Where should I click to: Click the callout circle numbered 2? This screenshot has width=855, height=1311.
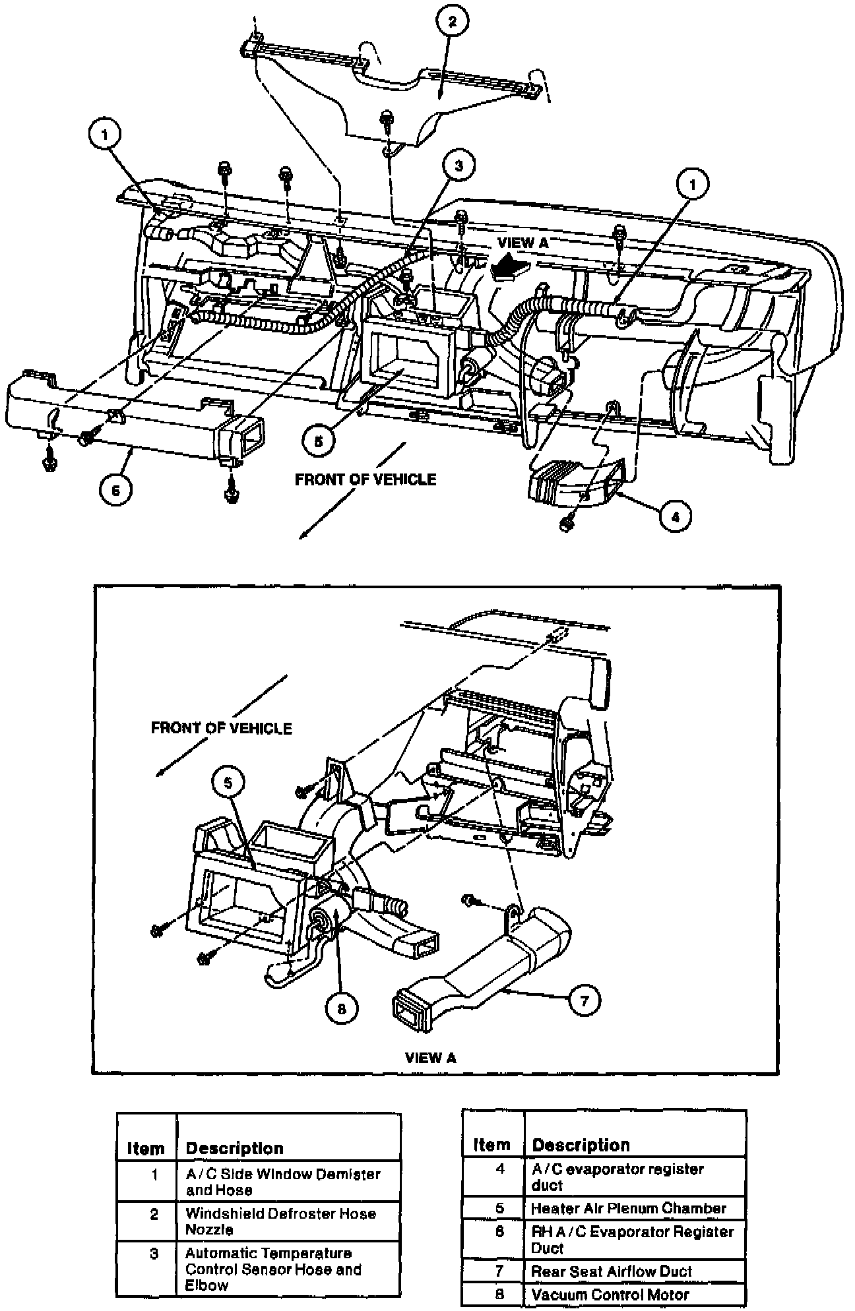pyautogui.click(x=452, y=22)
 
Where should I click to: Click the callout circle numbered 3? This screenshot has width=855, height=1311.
pyautogui.click(x=459, y=165)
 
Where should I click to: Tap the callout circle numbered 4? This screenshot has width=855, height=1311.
pyautogui.click(x=674, y=516)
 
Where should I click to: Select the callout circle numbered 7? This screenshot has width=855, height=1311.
pyautogui.click(x=585, y=1000)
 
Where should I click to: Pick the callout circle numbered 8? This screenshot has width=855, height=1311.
pyautogui.click(x=342, y=1008)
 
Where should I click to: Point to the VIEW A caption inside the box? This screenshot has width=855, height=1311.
pyautogui.click(x=431, y=1058)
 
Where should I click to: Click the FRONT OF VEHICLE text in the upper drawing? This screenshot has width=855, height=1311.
pyautogui.click(x=365, y=479)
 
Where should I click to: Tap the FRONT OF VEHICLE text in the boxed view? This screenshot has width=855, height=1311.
pyautogui.click(x=222, y=728)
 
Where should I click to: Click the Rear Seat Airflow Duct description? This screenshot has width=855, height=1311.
pyautogui.click(x=612, y=1271)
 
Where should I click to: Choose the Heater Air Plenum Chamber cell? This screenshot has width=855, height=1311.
pyautogui.click(x=628, y=1208)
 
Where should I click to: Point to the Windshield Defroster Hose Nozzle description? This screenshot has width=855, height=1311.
pyautogui.click(x=280, y=1221)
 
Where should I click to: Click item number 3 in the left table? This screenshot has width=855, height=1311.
pyautogui.click(x=154, y=1254)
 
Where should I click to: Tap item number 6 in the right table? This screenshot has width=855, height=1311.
pyautogui.click(x=499, y=1231)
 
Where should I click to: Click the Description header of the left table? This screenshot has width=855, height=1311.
pyautogui.click(x=234, y=1148)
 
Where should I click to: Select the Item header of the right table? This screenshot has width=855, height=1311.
pyautogui.click(x=491, y=1145)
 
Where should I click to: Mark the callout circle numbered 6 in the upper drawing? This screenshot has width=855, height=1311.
pyautogui.click(x=115, y=491)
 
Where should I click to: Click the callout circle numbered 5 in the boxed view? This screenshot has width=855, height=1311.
pyautogui.click(x=228, y=782)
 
